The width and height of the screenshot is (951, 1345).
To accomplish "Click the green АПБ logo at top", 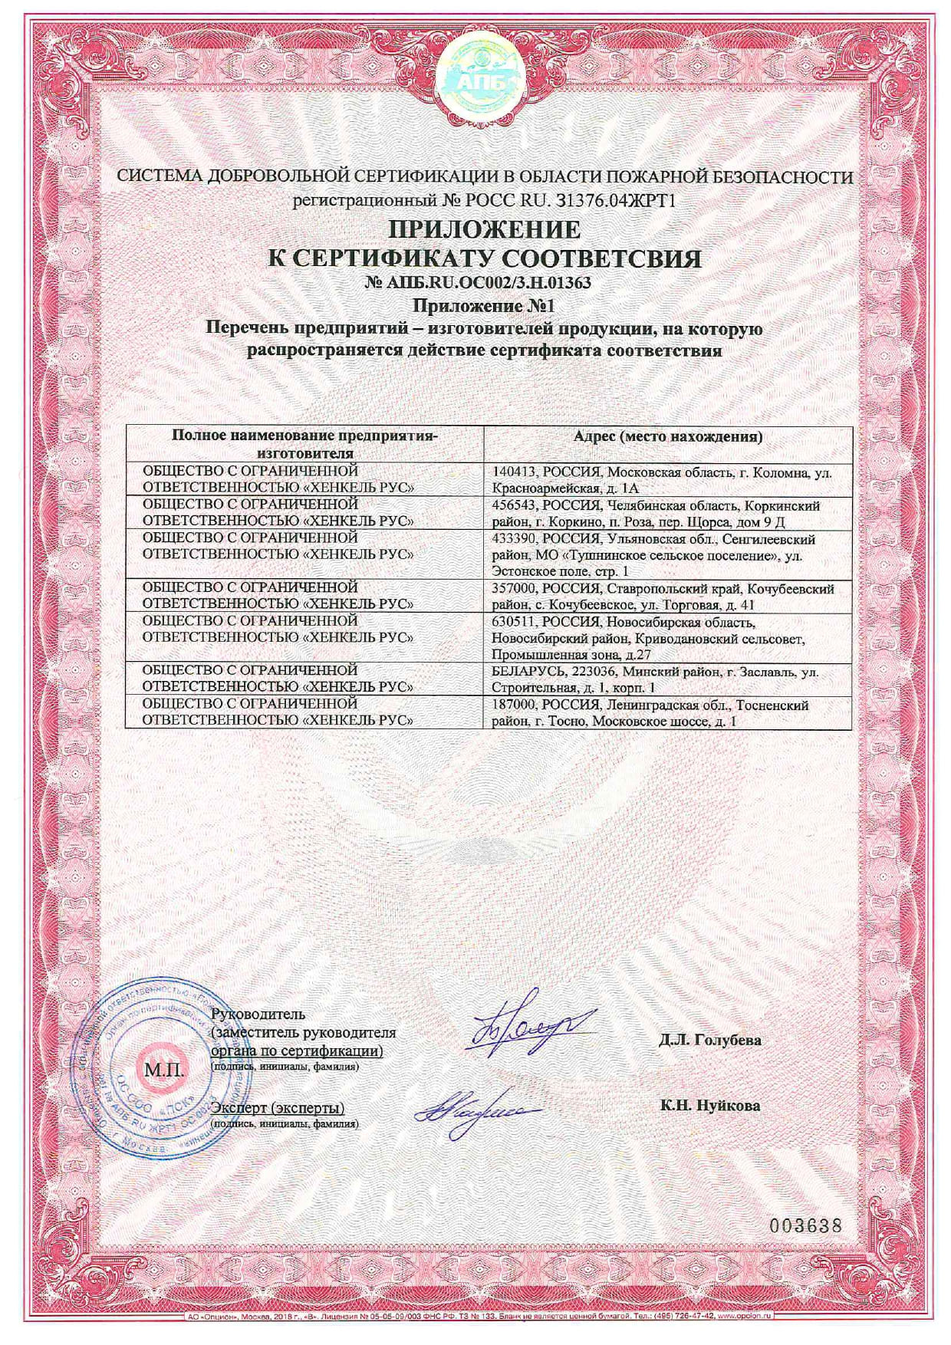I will click(x=475, y=74).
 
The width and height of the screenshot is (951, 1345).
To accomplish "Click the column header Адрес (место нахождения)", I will click(x=668, y=438).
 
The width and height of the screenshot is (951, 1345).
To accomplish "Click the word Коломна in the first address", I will click(x=784, y=473).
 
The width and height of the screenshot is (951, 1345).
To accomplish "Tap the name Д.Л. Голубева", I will click(x=709, y=1041).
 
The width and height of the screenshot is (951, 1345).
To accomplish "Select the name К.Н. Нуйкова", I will click(x=709, y=1106).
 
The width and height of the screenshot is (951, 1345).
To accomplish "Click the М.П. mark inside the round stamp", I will click(x=163, y=1068).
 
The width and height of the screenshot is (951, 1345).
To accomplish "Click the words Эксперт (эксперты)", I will click(x=278, y=1108).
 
